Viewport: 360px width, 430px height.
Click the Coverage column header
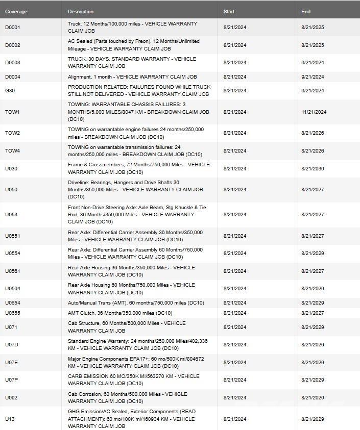coord(16,11)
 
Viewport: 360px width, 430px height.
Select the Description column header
coord(81,11)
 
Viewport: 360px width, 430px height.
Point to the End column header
coord(306,11)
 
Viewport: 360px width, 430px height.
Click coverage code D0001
coord(13,28)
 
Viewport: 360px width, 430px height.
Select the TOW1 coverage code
coord(13,112)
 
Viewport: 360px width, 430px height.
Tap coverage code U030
coord(11,169)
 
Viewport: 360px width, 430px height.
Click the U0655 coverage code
coord(13,313)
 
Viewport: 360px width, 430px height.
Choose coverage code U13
coord(10,419)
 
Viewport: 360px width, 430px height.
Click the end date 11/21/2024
coord(314,112)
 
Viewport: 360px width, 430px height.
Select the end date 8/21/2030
coord(313,169)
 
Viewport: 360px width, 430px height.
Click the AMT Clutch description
coord(120,313)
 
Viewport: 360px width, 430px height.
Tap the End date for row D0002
coord(313,45)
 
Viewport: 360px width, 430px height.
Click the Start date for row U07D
coord(235,345)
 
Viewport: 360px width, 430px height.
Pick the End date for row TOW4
coord(313,151)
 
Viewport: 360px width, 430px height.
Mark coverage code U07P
coord(12,380)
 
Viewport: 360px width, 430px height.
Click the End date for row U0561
coord(313,271)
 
